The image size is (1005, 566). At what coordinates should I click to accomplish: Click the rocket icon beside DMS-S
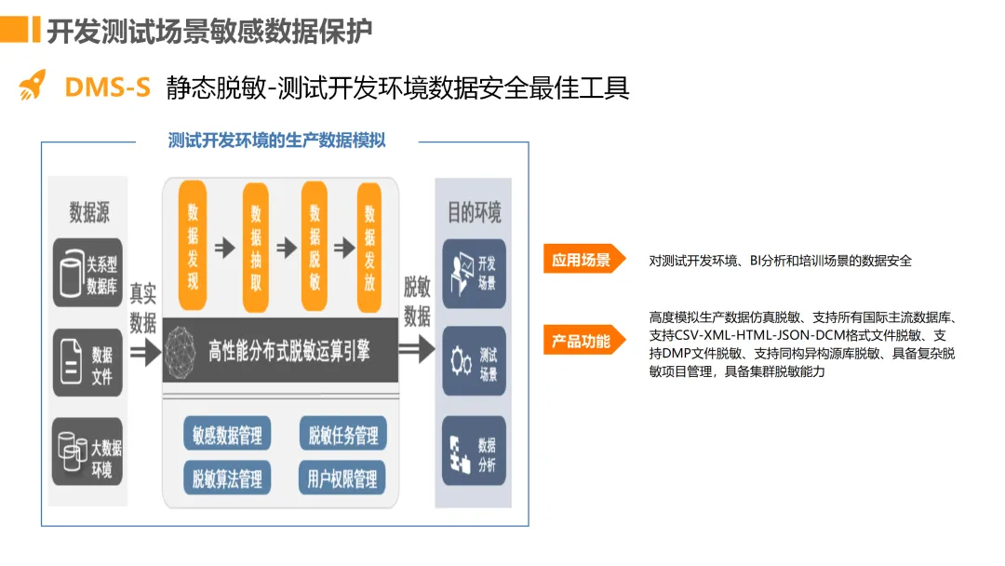tap(32, 86)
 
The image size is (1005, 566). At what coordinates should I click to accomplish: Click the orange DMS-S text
tap(107, 88)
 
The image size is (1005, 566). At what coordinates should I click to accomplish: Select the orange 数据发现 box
tap(194, 247)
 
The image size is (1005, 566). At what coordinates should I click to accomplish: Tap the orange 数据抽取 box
tap(256, 247)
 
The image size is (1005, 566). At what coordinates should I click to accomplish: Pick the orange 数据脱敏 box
tap(315, 247)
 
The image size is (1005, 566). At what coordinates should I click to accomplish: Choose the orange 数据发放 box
tap(370, 247)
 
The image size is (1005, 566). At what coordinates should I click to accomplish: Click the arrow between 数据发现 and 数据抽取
tap(224, 247)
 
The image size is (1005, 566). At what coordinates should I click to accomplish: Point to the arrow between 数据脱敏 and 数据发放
tap(344, 247)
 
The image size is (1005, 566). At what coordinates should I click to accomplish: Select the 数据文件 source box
tap(88, 363)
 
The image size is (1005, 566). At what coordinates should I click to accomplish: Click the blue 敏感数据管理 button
tap(228, 435)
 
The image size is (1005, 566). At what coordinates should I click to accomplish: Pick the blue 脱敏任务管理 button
tap(342, 435)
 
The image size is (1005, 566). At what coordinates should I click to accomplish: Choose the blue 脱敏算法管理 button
tap(228, 478)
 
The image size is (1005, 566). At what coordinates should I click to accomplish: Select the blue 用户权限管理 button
tap(342, 478)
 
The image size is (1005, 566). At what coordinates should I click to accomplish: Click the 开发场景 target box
tap(474, 274)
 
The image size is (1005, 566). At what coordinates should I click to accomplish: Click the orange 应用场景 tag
tap(582, 261)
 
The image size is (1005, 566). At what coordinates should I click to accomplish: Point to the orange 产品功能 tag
tap(582, 341)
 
